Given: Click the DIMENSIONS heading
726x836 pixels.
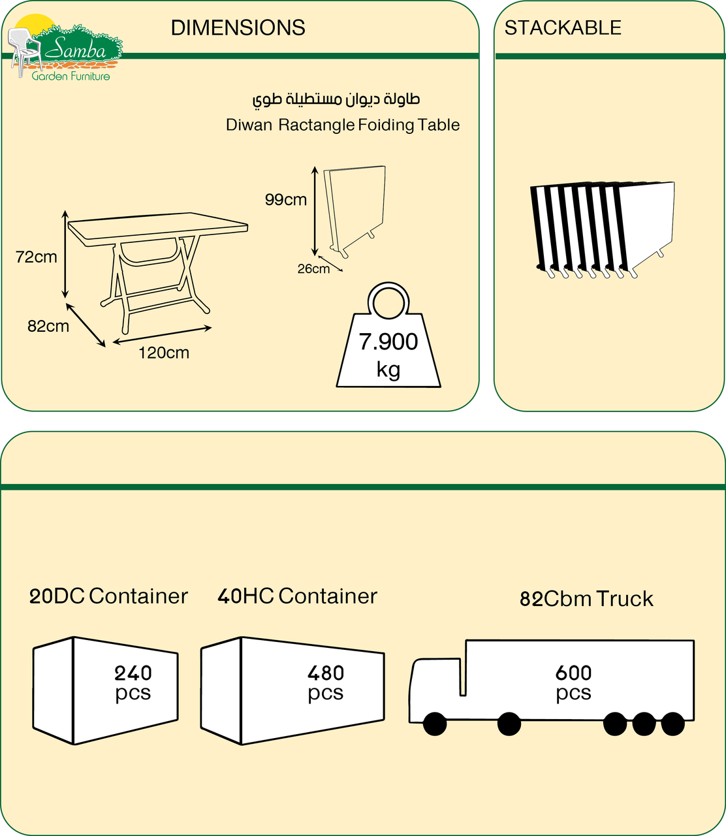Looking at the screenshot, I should pyautogui.click(x=238, y=27).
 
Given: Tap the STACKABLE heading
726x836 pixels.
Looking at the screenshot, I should pyautogui.click(x=563, y=27).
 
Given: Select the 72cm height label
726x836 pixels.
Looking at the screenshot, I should pyautogui.click(x=36, y=257).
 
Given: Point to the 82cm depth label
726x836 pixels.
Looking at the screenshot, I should pyautogui.click(x=48, y=326).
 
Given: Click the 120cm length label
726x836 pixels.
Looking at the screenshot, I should pyautogui.click(x=163, y=353).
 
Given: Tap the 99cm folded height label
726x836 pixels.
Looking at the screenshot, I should pyautogui.click(x=285, y=200).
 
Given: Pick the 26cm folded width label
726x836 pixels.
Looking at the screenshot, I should pyautogui.click(x=313, y=269).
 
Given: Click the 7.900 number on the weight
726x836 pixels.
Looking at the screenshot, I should pyautogui.click(x=388, y=342).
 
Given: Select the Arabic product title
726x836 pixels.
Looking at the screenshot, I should pyautogui.click(x=336, y=99).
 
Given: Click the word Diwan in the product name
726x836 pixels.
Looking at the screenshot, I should pyautogui.click(x=249, y=125).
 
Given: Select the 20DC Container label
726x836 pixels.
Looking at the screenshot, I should pyautogui.click(x=108, y=596).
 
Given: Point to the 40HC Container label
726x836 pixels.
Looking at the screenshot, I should pyautogui.click(x=297, y=596).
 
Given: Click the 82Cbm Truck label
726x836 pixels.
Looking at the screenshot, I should pyautogui.click(x=586, y=598).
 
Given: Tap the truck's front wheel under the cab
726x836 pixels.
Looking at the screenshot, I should pyautogui.click(x=435, y=724).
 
